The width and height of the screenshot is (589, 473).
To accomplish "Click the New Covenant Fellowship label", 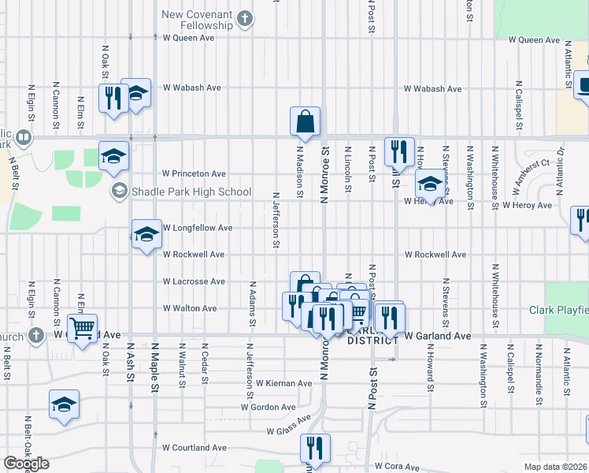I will (x=197, y=20).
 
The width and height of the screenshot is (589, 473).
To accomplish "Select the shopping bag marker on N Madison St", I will (x=305, y=121).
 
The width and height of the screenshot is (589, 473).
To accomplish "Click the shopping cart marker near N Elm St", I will (x=82, y=329).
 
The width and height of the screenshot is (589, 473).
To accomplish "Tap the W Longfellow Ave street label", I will (x=197, y=228).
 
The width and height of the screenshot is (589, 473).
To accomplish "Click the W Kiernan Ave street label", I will (x=283, y=383).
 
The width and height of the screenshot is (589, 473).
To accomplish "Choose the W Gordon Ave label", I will (x=269, y=408).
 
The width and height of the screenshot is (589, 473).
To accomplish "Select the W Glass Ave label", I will (x=291, y=431).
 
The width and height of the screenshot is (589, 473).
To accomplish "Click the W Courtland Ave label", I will (x=194, y=448).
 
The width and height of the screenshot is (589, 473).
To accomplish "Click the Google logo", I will (x=27, y=464).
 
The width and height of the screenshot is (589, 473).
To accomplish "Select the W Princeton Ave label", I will (x=194, y=173).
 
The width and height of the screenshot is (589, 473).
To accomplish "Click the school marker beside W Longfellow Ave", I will (x=146, y=234).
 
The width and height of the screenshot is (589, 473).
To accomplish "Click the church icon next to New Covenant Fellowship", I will (x=245, y=18).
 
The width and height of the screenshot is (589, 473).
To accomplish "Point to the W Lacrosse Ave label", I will (x=194, y=281).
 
